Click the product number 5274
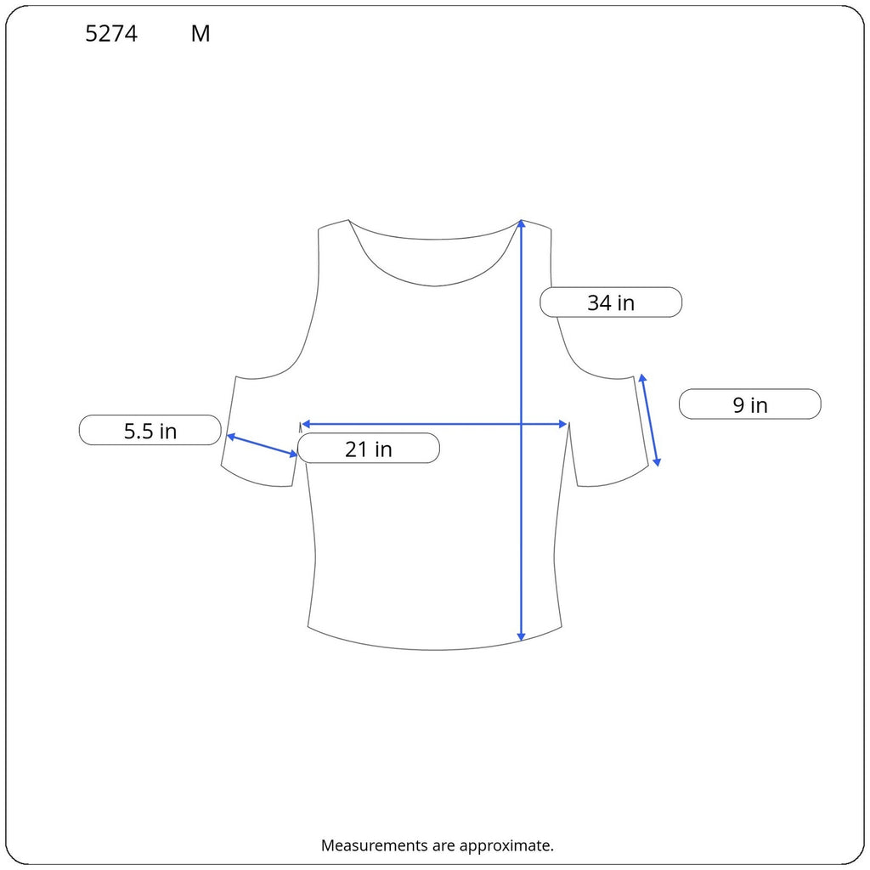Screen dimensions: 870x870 111,34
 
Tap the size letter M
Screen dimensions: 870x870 201,34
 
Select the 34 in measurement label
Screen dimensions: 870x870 611,302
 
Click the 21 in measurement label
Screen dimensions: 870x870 369,449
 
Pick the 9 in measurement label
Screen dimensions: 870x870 749,404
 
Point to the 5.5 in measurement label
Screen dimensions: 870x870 150,430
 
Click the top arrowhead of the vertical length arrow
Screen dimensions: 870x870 521,223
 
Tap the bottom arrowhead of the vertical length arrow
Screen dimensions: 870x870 521,637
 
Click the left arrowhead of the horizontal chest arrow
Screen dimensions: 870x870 305,425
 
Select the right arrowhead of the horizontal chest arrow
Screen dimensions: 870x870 563,425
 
